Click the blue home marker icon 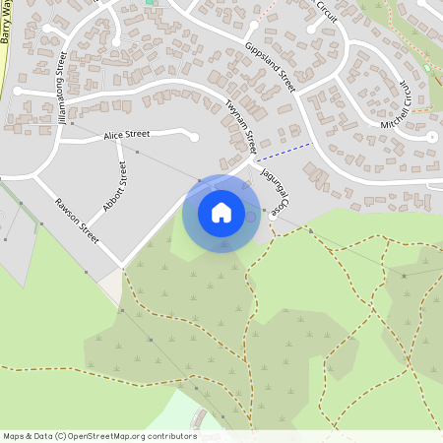click(221, 213)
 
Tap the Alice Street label click(126, 134)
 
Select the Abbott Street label click(116, 187)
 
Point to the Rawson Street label click(77, 221)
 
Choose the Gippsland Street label click(267, 67)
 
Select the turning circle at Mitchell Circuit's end click(431, 139)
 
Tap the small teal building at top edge click(150, 3)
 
